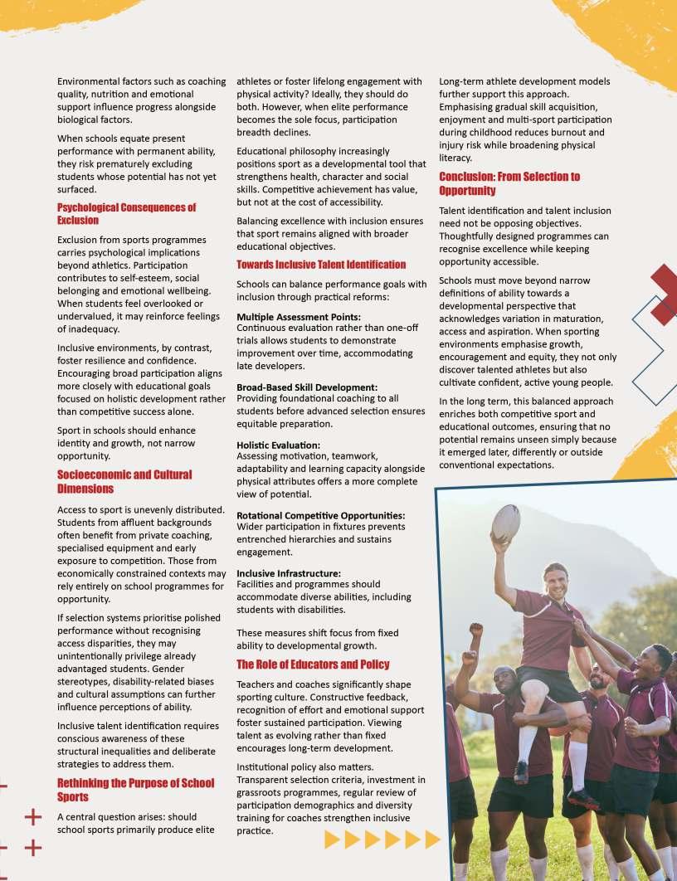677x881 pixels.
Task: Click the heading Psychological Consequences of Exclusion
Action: coord(126,214)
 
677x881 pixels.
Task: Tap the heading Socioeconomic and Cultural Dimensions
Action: coord(124,482)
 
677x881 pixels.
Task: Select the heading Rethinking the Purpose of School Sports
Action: coord(134,790)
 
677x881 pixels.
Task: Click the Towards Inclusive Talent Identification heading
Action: coord(321,265)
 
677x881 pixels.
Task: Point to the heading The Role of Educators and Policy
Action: coord(312,664)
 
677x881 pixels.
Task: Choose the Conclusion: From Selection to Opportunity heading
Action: coord(509,183)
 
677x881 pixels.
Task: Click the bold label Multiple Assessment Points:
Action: coord(299,318)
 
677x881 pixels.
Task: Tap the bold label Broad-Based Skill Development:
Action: coord(307,387)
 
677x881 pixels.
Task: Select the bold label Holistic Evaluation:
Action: coord(278,445)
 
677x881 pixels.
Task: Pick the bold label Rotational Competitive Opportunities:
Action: coord(320,515)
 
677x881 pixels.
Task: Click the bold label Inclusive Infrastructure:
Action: coord(288,573)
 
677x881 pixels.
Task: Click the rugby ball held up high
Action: coord(505,523)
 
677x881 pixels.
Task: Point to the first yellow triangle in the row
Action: coord(332,840)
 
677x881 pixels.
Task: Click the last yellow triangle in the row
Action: coord(431,840)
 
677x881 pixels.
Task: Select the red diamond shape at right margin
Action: coord(664,294)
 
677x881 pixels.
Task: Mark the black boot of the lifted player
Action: coord(520,771)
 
